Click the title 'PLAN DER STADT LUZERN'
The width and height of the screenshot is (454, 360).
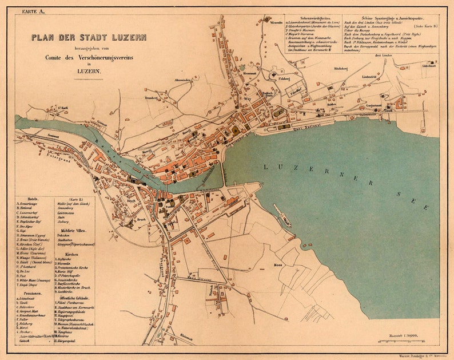pyautogui.click(x=89, y=38)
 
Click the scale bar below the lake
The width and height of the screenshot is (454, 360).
pyautogui.click(x=406, y=342)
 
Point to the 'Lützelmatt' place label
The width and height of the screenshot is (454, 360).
pyautogui.click(x=429, y=66)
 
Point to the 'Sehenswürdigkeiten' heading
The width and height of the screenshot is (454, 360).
pyautogui.click(x=312, y=18)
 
